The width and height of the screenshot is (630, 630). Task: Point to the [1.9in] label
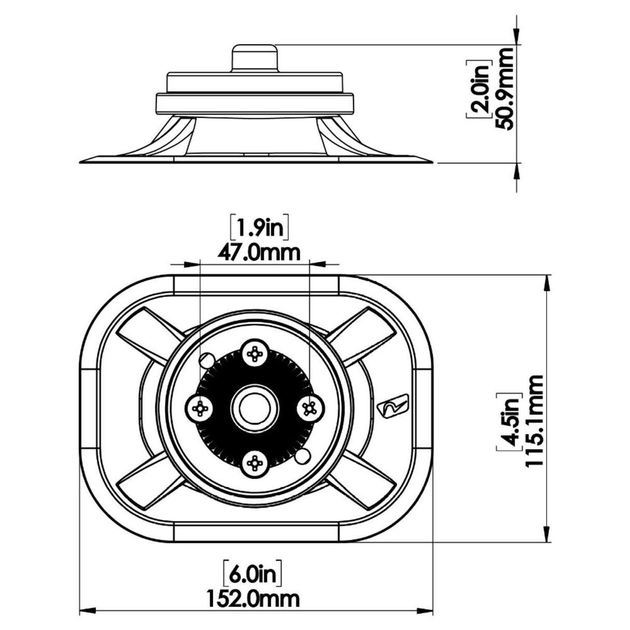click(x=259, y=227)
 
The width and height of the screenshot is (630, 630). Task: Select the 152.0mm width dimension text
click(x=254, y=598)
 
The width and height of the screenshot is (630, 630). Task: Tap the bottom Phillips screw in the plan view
click(x=254, y=461)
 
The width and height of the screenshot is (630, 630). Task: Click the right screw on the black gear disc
click(x=310, y=408)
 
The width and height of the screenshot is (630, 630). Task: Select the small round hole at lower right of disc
click(x=302, y=457)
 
